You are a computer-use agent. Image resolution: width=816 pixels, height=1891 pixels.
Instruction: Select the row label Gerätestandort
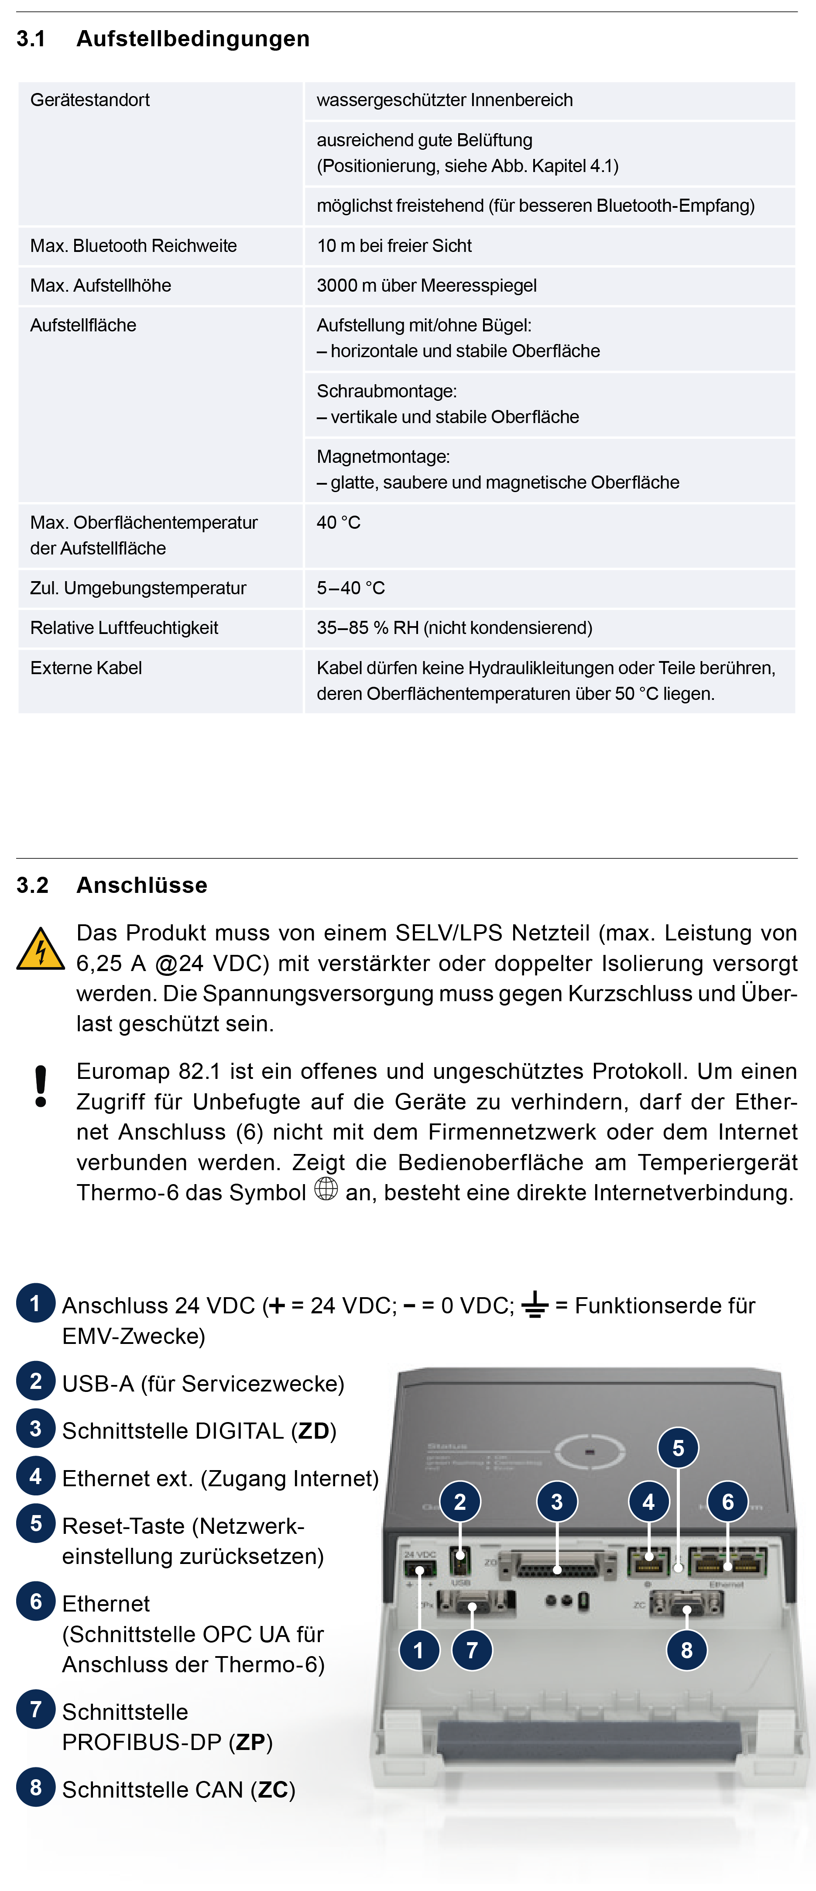[x=89, y=100]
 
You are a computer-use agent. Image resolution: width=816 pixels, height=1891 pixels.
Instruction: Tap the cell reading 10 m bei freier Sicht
[x=394, y=246]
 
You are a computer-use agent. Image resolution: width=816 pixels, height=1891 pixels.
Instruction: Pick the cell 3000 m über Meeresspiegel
[x=426, y=286]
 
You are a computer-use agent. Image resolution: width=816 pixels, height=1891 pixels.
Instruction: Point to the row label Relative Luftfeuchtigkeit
[x=124, y=628]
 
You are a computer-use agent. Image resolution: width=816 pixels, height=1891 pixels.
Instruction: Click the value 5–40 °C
[x=351, y=588]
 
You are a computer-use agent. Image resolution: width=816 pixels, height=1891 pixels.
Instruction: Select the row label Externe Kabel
[x=86, y=668]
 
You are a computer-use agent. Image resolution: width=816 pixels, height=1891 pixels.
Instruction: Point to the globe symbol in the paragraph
[x=326, y=1188]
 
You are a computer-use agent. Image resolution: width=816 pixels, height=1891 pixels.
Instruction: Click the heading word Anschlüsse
[x=142, y=885]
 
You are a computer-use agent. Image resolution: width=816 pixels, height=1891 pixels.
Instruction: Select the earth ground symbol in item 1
[x=535, y=1305]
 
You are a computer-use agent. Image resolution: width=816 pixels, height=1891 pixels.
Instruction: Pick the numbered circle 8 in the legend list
[x=36, y=1788]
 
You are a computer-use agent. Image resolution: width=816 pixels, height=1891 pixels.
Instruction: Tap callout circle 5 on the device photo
[x=678, y=1448]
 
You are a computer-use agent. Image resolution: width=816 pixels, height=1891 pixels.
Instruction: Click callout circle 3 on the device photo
[x=557, y=1502]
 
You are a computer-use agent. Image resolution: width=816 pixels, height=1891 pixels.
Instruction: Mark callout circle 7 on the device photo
[x=472, y=1650]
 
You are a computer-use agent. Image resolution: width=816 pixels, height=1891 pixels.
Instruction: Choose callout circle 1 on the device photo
[x=419, y=1650]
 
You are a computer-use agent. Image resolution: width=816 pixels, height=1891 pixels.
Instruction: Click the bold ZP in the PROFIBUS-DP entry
[x=250, y=1742]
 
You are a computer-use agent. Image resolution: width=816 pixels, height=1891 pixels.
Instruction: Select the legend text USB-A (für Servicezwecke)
[x=203, y=1384]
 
